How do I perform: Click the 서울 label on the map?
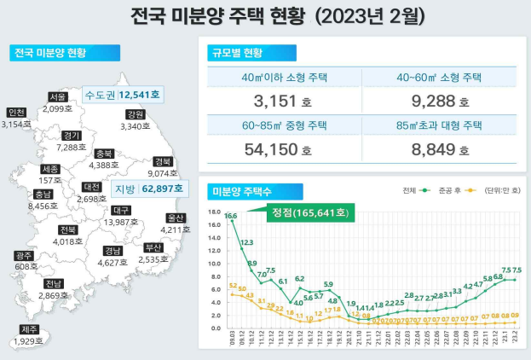click(x=58, y=96)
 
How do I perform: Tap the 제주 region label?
click(x=29, y=329)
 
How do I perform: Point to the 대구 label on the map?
click(x=121, y=210)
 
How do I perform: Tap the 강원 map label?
click(x=135, y=114)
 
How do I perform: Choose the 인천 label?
click(x=16, y=113)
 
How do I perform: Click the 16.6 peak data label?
click(x=231, y=217)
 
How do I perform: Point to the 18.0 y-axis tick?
click(x=215, y=212)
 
